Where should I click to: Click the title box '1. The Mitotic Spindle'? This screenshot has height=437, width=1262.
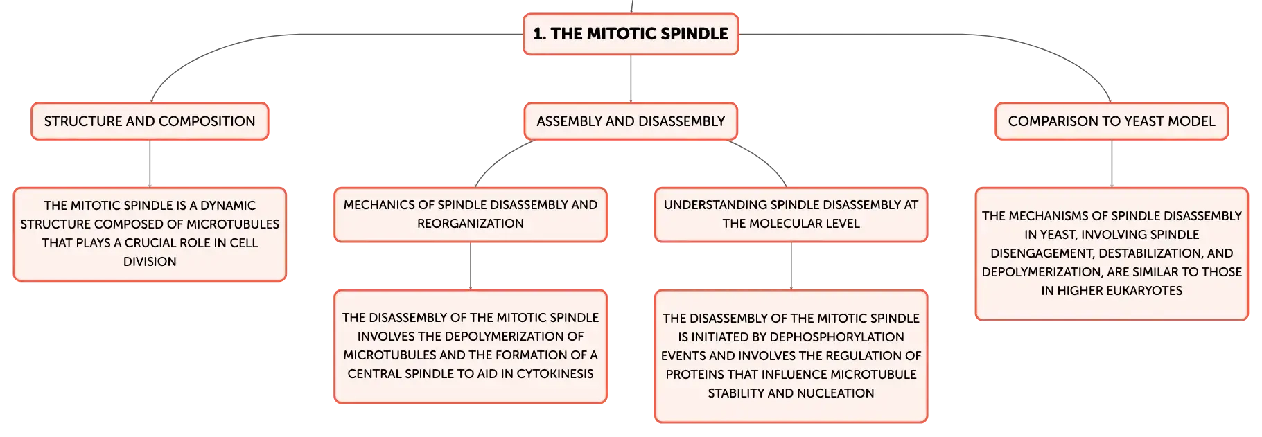631,34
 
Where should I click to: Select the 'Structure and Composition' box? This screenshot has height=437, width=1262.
150,121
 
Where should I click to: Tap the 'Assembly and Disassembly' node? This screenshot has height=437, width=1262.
631,121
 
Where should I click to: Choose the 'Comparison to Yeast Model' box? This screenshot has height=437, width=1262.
1112,121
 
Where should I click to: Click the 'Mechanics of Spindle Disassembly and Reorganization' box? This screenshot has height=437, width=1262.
471,215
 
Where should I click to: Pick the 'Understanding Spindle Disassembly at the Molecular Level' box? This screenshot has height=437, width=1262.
791,215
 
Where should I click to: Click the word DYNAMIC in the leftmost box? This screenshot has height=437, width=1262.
228,206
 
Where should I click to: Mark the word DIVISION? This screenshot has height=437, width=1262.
150,262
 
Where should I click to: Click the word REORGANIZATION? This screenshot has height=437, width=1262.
471,224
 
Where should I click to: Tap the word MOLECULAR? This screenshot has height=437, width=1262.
791,224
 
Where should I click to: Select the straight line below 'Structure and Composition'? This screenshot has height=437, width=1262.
150,163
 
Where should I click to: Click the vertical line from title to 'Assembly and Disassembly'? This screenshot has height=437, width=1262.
631,79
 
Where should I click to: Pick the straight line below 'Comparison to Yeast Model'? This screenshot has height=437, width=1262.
1112,163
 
